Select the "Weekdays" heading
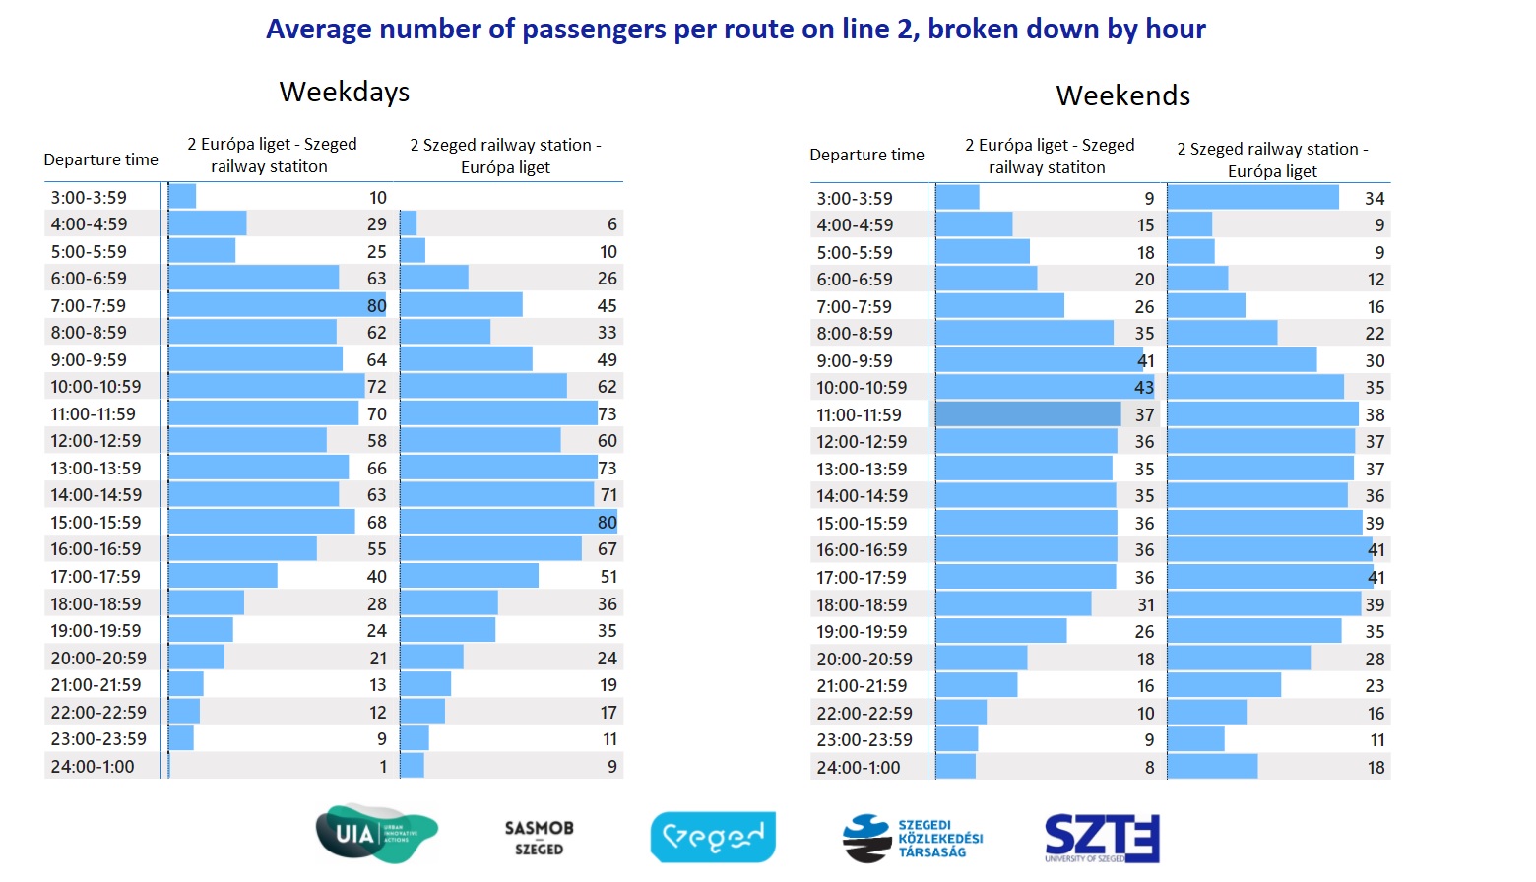tap(344, 92)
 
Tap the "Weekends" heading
tap(1122, 95)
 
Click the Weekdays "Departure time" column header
tap(100, 159)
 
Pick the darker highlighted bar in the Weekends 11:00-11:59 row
tap(1027, 414)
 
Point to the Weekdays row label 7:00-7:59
tap(89, 306)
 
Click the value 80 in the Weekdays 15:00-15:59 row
tap(607, 523)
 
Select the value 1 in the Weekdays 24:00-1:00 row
tap(383, 767)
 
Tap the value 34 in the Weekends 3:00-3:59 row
tap(1375, 199)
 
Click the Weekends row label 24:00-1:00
tap(858, 768)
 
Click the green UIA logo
tap(375, 834)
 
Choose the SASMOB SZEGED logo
tap(539, 838)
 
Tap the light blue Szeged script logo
tap(713, 837)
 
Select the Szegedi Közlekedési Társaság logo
tap(913, 838)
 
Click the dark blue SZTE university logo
tap(1101, 838)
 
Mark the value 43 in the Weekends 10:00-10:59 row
tap(1143, 388)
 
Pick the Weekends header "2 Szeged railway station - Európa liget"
tap(1272, 159)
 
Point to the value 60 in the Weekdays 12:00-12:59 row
tap(607, 441)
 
